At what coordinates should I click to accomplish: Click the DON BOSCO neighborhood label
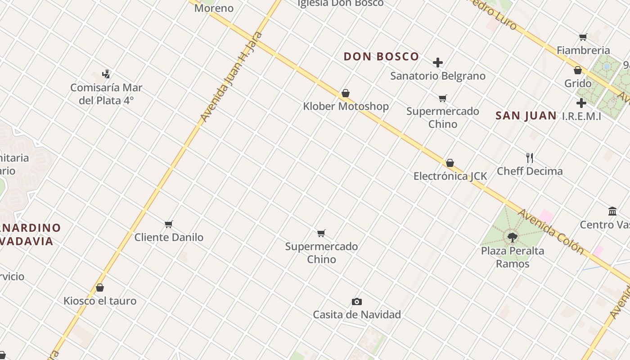381,56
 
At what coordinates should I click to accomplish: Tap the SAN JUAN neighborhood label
526,116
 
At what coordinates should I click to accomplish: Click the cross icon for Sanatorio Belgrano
438,63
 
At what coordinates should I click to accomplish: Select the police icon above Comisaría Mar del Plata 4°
106,74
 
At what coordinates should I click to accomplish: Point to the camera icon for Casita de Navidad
357,301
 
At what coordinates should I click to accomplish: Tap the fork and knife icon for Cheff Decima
530,158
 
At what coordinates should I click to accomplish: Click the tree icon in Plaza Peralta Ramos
512,237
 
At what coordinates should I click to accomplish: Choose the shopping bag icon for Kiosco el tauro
100,288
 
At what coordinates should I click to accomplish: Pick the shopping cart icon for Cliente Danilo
169,224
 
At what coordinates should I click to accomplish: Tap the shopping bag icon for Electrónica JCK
450,163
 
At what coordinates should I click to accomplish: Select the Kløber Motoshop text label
346,107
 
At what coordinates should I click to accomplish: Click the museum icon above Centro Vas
612,211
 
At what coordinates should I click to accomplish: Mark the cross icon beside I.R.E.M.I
581,103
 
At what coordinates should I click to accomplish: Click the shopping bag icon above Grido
578,70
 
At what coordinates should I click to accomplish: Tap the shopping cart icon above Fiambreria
583,37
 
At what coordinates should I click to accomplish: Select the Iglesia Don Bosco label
341,4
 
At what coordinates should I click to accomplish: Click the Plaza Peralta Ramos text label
513,257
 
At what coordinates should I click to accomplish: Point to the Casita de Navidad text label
357,315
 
